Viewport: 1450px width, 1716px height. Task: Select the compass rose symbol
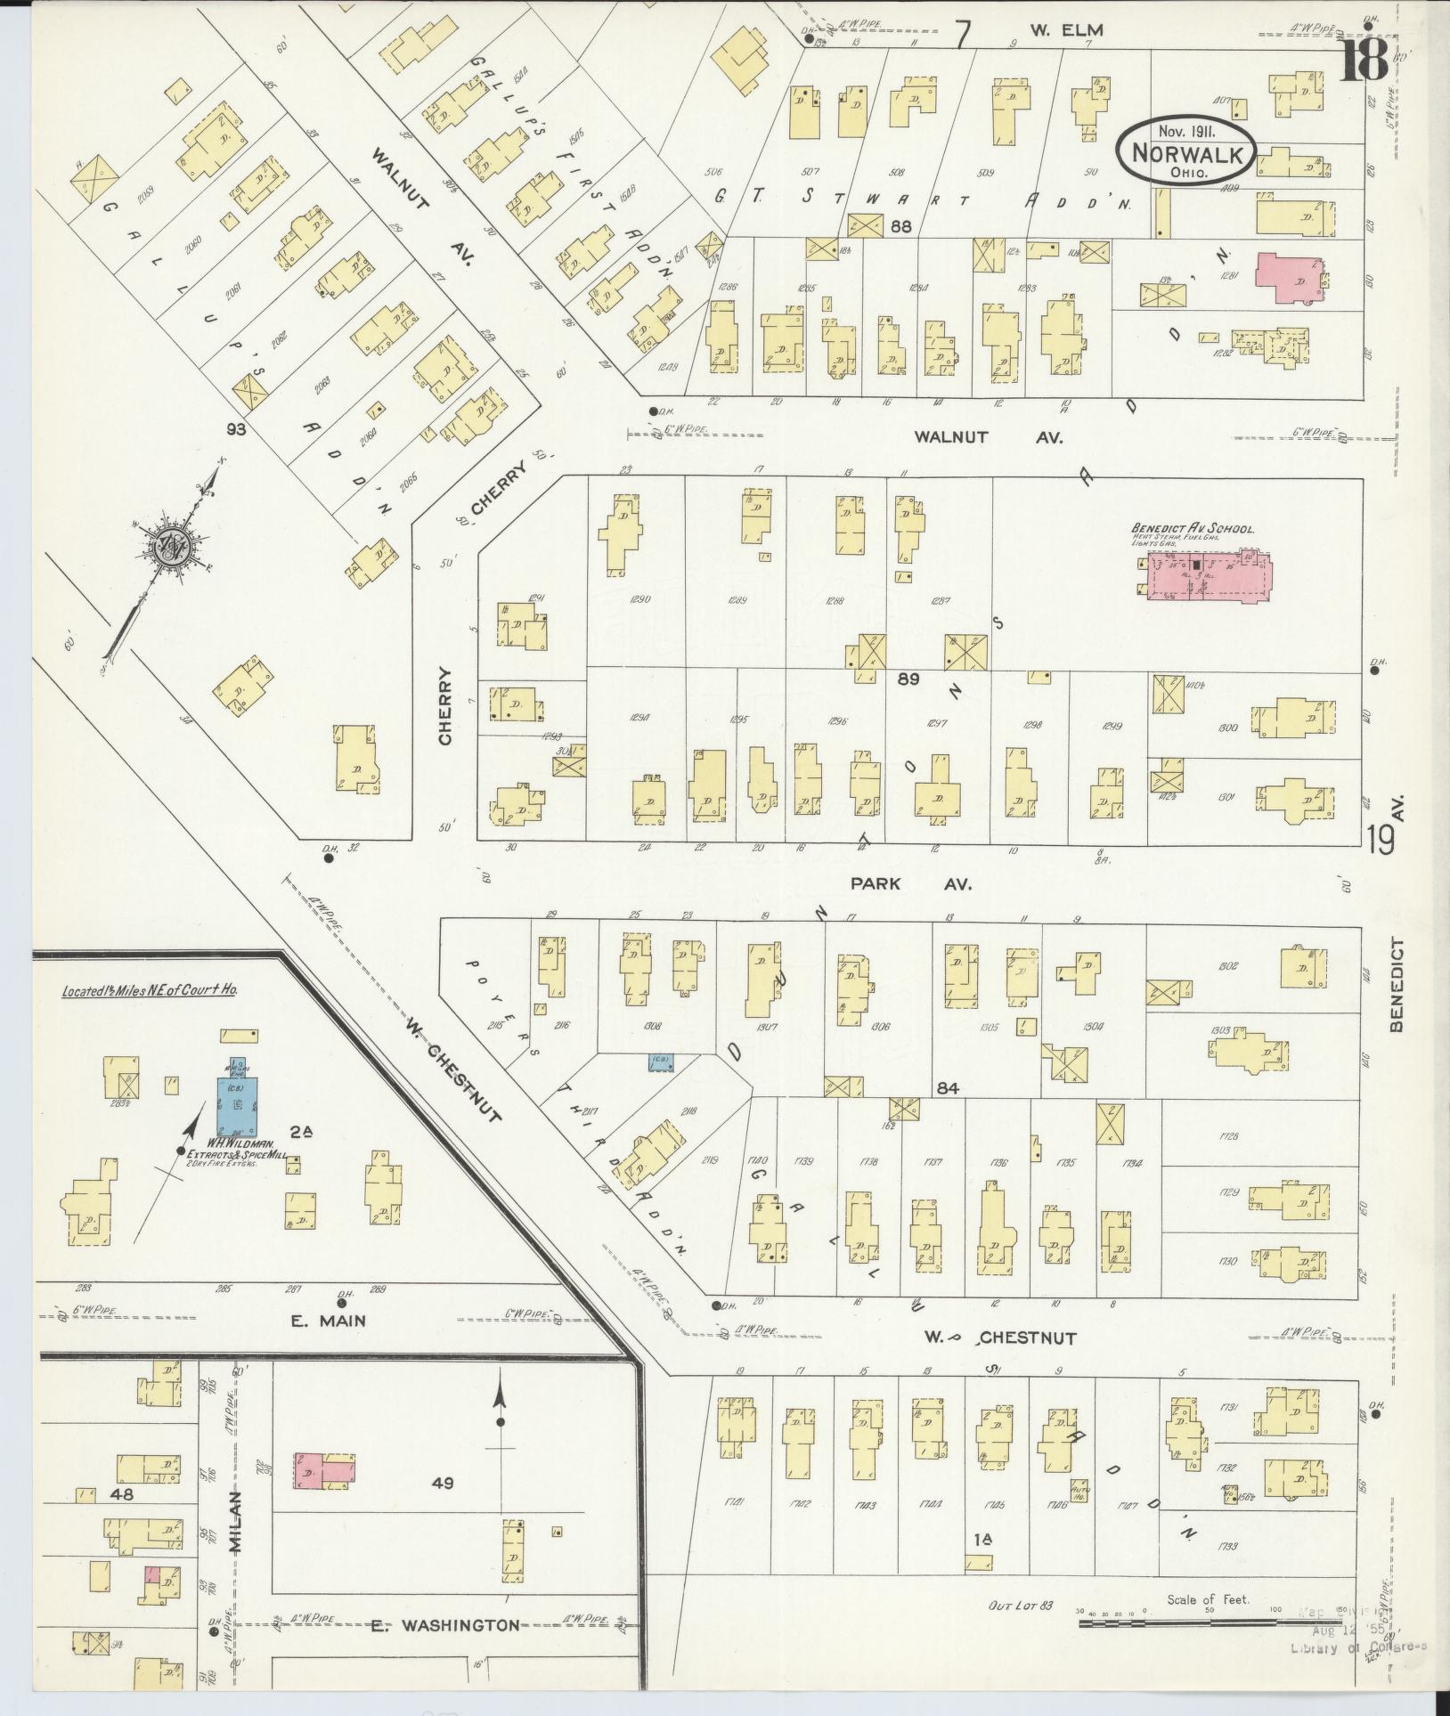[168, 546]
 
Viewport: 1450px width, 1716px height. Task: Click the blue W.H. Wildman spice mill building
[237, 1104]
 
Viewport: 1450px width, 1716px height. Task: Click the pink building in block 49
[323, 1470]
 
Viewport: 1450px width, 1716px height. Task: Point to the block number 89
[908, 679]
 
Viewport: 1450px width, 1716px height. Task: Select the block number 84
[946, 1087]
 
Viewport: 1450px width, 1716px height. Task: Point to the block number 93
[236, 429]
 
